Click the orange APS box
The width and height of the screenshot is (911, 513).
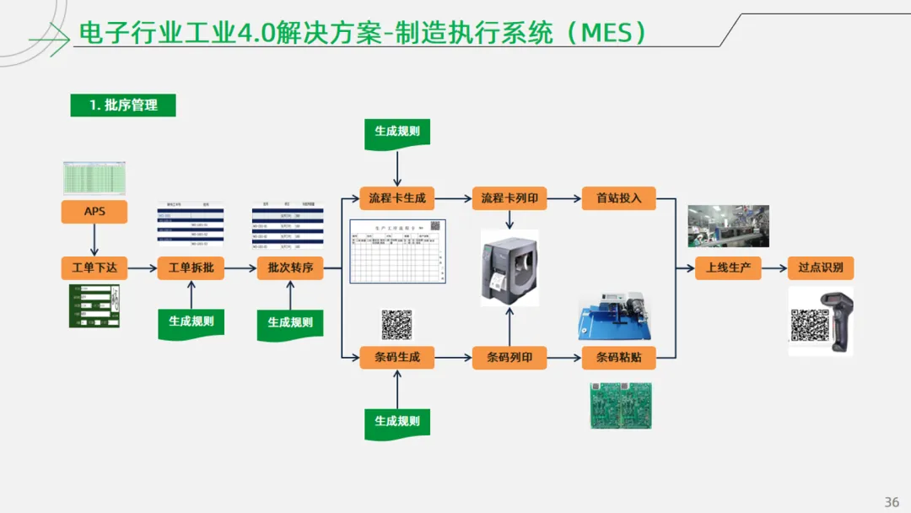click(94, 211)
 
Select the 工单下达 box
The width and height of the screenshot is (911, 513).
click(94, 268)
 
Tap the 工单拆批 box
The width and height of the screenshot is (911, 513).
click(191, 268)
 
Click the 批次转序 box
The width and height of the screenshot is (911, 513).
click(290, 268)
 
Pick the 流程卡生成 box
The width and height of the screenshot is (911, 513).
click(397, 199)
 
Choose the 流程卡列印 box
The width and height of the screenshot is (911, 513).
click(509, 199)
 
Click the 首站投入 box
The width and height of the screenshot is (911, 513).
click(619, 199)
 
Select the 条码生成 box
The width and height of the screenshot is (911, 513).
click(397, 357)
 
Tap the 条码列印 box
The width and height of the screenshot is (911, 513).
click(509, 357)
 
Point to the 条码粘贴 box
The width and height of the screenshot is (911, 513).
click(619, 357)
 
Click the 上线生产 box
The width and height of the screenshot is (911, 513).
click(728, 268)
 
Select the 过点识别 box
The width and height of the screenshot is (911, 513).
click(821, 268)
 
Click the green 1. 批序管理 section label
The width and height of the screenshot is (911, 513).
click(123, 105)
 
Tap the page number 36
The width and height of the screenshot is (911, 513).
click(892, 502)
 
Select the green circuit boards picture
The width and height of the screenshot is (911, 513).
click(620, 405)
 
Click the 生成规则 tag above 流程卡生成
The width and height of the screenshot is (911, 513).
click(397, 132)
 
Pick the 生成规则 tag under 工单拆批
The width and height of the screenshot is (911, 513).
click(191, 322)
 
